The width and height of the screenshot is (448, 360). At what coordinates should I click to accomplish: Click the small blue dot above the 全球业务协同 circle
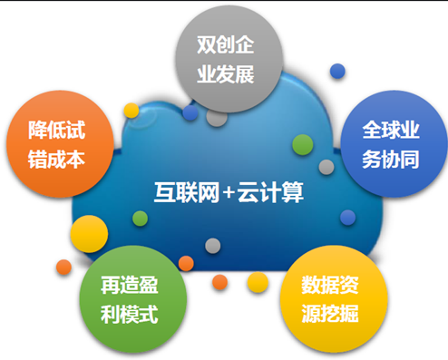coord(337,71)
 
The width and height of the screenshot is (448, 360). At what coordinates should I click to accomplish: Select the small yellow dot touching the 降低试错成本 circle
coord(131,112)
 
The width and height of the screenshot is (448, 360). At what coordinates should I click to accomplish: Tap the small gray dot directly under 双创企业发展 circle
coord(217,117)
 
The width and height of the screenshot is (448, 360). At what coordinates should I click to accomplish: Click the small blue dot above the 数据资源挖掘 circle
coord(347,218)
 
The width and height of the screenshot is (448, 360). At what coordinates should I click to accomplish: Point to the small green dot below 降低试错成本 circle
coord(140,219)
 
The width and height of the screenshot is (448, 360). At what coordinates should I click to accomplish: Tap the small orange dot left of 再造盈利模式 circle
coord(63,268)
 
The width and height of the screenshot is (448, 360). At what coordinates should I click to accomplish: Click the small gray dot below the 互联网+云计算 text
coord(212,246)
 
